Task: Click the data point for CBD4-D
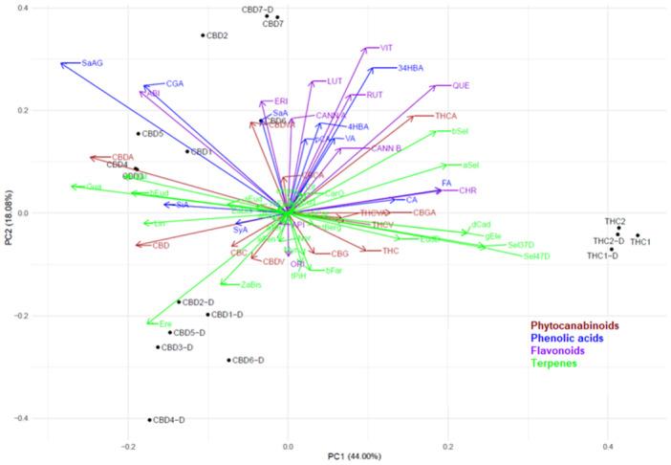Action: coord(150,420)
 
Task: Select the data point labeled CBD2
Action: coord(203,35)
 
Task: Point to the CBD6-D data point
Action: coord(229,361)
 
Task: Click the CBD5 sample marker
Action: coord(139,134)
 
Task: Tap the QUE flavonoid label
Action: coord(461,86)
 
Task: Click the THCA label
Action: coord(446,117)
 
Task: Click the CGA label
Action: coord(175,84)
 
